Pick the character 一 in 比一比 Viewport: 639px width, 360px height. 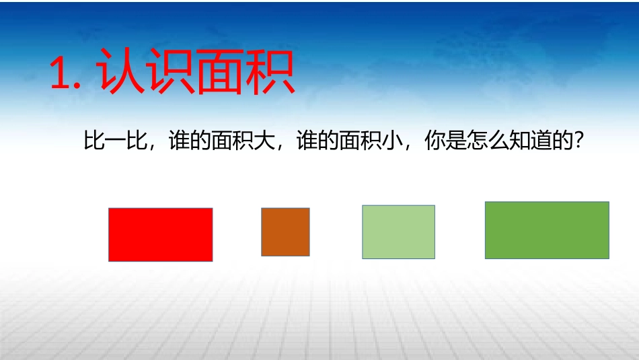[115, 143]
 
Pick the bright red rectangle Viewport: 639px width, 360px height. [161, 234]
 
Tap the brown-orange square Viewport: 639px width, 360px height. [285, 232]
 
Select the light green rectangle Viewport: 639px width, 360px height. [398, 232]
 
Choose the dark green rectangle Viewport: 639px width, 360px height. [547, 230]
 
